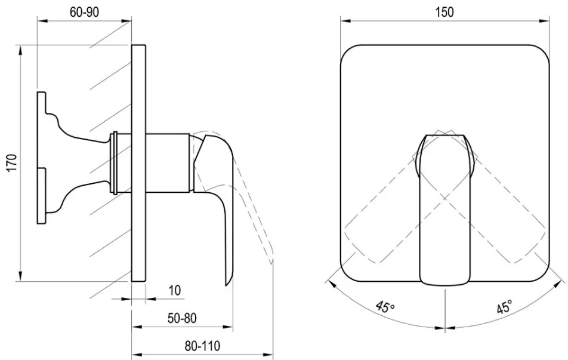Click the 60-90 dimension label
(x=84, y=12)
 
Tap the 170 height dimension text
(x=12, y=163)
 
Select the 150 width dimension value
(x=444, y=12)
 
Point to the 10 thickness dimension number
(x=175, y=290)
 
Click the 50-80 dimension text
(x=182, y=318)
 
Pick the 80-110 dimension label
(x=202, y=346)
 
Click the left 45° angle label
(x=385, y=307)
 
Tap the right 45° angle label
(x=504, y=307)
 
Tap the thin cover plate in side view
(x=138, y=163)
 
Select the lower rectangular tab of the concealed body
(x=42, y=196)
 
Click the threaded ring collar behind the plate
(x=115, y=162)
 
